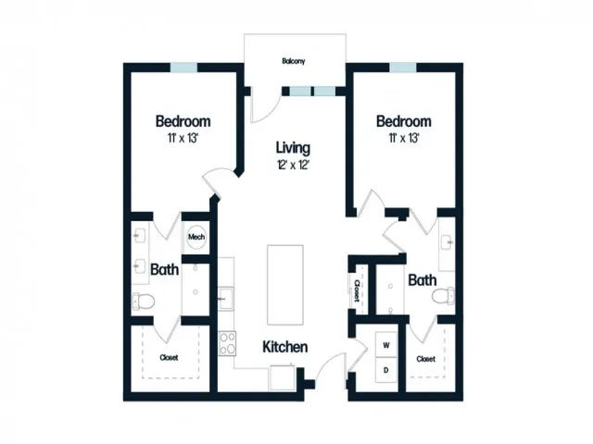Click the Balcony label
pos(293,61)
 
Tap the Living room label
pos(293,148)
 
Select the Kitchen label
pos(284,347)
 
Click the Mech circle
pos(196,237)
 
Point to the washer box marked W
pos(386,345)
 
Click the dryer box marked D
pos(386,370)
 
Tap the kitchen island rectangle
pos(285,285)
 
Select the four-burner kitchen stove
pos(227,343)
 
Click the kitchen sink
pos(226,298)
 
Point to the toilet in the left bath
pos(144,301)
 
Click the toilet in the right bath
pos(443,295)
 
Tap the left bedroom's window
pos(183,68)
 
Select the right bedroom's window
pos(403,68)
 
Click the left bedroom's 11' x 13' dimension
pos(183,138)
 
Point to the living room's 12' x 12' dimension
pos(293,165)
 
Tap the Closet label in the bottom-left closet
pos(169,357)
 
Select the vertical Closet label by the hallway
pos(356,290)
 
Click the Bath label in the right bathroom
pos(423,280)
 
